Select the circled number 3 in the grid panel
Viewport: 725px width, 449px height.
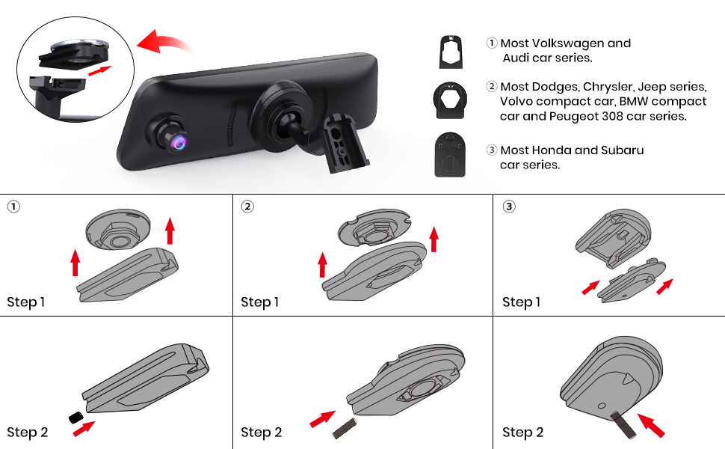(x=509, y=207)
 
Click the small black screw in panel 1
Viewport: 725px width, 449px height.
(x=75, y=416)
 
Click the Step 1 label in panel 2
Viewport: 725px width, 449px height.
(x=259, y=302)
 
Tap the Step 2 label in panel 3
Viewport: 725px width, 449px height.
(x=522, y=432)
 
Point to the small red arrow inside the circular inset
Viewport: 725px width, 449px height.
(x=99, y=70)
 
